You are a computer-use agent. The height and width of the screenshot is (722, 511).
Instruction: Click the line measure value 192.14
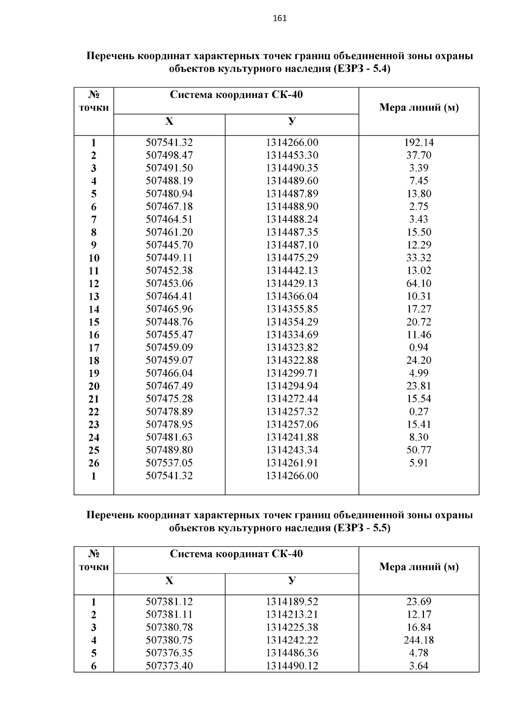pos(419,143)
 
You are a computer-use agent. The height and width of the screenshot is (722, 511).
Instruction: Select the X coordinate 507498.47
pos(169,155)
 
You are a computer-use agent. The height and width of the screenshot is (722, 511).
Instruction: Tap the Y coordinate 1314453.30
pos(292,155)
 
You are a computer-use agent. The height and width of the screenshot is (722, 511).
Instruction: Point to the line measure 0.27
pos(419,411)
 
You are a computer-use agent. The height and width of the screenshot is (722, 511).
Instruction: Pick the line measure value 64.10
pos(419,283)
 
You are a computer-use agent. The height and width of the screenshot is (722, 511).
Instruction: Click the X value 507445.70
pos(169,245)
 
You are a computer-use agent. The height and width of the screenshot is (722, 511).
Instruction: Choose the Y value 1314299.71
pos(292,373)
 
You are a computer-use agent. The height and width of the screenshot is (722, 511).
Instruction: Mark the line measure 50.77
pos(419,450)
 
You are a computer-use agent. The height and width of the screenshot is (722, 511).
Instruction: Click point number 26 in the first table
pos(94,463)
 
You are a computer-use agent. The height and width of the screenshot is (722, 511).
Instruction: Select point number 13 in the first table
pos(94,297)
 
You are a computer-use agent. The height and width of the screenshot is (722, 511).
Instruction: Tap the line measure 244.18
pos(419,640)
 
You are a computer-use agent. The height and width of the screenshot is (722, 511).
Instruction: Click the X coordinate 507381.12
pos(169,602)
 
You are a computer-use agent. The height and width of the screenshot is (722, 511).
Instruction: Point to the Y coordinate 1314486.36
pos(292,653)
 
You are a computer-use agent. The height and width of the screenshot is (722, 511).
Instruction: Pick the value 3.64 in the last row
pos(419,665)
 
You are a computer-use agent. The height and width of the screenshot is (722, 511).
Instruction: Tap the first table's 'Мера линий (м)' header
pos(419,108)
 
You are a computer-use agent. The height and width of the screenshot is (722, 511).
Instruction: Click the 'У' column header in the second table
pos(292,580)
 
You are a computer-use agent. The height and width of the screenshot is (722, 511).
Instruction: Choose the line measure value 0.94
pos(419,348)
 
